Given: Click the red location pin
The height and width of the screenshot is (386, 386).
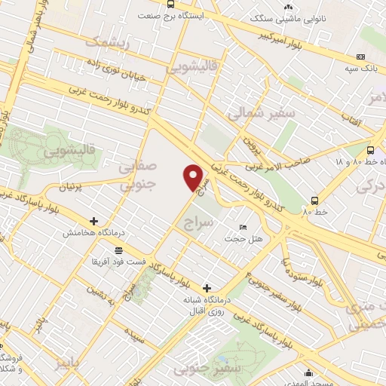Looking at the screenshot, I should tap(193, 176).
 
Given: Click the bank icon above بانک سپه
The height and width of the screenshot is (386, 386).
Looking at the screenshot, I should tap(360, 57).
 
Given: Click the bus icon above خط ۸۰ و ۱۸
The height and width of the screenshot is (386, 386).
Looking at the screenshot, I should tap(371, 150).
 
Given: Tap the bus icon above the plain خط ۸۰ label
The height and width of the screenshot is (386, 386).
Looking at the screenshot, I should tap(315, 201).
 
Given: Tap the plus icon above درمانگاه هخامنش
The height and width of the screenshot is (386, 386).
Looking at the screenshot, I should tap(93, 222).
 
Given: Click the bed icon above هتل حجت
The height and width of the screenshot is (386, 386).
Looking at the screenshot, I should tap(243, 227).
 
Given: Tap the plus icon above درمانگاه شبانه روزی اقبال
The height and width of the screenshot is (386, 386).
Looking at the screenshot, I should tap(207, 287).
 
